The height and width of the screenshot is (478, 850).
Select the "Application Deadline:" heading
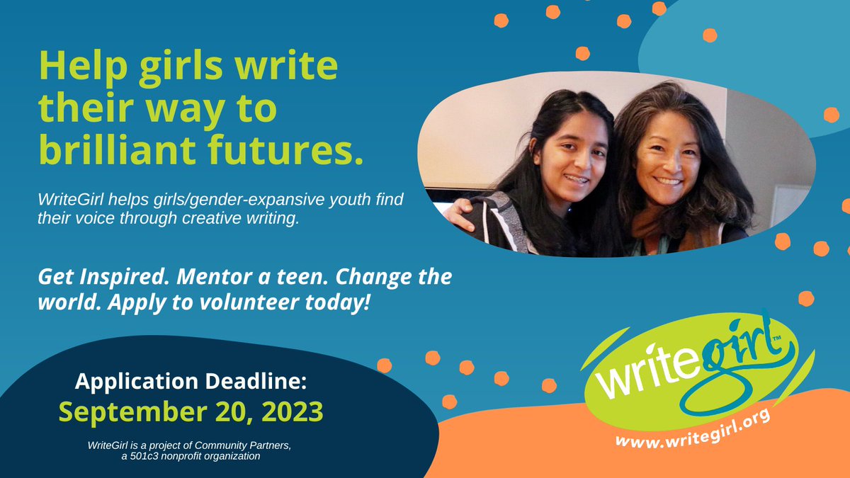[x=191, y=382]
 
